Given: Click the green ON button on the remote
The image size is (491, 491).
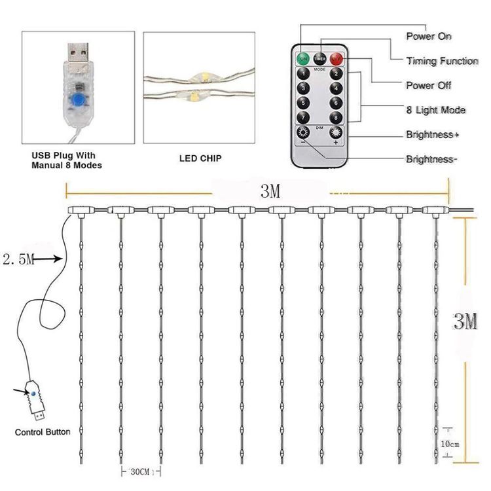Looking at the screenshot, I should tap(304, 59).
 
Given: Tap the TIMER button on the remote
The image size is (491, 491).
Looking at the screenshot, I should tap(320, 59).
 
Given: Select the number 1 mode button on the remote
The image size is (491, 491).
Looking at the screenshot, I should tap(303, 74).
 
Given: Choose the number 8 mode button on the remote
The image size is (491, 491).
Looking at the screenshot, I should tap(336, 118).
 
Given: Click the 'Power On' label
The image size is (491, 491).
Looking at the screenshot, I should tap(429, 36).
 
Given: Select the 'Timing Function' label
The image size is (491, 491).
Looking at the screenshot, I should tap(442, 61).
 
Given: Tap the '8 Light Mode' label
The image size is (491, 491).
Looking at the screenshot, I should tap(436, 110).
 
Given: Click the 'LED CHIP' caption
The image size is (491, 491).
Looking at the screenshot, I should tap(200, 158).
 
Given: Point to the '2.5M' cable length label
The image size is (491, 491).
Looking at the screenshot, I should tap(18, 260).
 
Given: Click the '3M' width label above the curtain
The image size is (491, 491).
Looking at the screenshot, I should tap(270, 192).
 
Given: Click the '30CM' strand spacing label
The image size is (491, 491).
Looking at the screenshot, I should tap(140, 471).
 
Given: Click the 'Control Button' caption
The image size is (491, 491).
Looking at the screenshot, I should tap(43, 433).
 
